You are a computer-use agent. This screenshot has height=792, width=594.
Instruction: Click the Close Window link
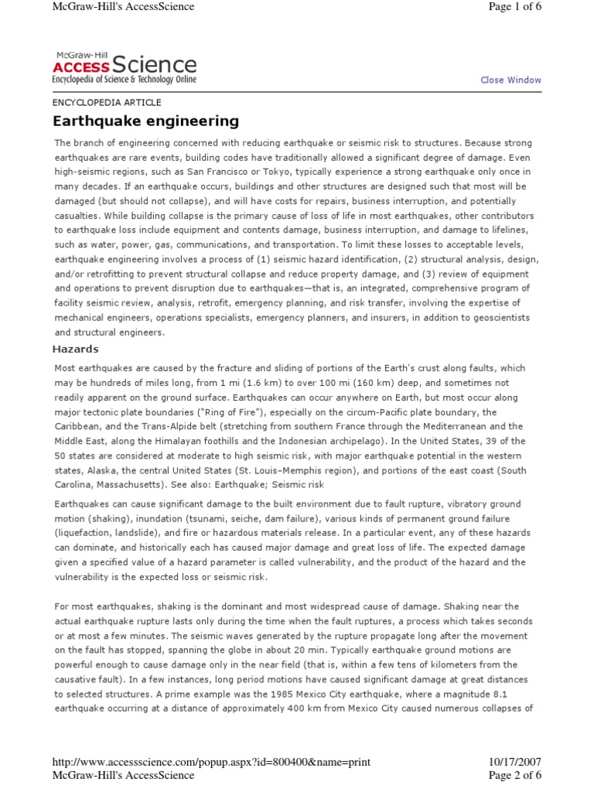[x=510, y=80]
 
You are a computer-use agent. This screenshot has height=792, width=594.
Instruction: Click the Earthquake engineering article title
[x=145, y=121]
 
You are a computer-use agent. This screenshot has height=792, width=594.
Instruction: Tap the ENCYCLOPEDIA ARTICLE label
[x=107, y=102]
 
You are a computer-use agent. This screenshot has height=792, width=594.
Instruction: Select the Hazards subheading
[x=77, y=349]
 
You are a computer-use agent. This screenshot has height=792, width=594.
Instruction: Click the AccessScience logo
[x=124, y=67]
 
